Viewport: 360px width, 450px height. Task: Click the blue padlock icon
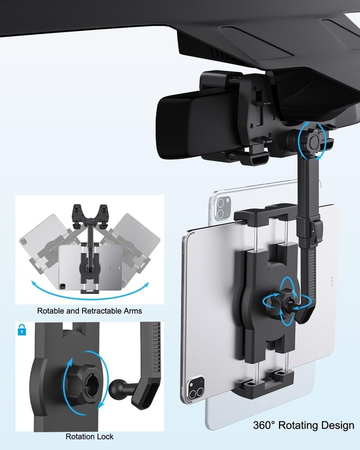(x=22, y=330)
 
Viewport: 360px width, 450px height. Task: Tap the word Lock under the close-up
(x=105, y=436)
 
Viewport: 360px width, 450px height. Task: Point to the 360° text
(x=264, y=425)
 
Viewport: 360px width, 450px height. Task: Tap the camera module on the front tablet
(x=196, y=387)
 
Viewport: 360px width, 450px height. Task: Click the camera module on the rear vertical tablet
(x=223, y=208)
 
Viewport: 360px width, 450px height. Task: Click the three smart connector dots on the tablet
(x=332, y=281)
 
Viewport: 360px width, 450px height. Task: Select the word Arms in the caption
(x=133, y=311)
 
